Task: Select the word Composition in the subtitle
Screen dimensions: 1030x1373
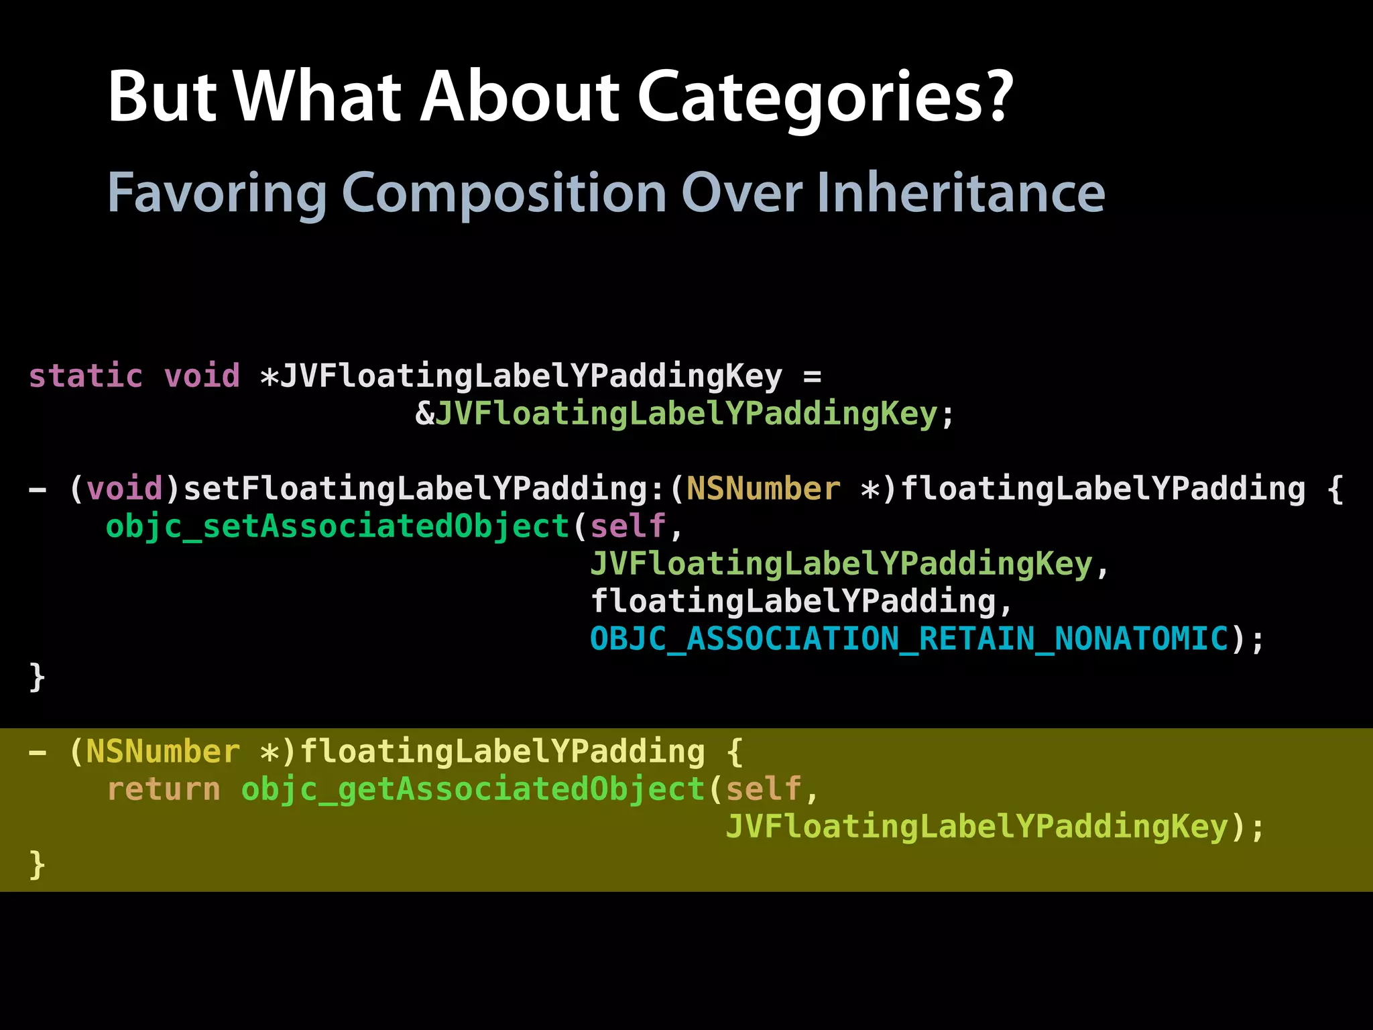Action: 503,192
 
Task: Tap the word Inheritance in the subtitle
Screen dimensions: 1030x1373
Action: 960,192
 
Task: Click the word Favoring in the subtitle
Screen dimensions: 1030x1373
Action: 217,192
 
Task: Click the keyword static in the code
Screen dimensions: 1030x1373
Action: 86,376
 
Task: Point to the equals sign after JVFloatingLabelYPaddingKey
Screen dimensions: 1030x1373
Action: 812,377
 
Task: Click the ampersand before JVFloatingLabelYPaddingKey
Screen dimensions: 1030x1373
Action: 424,414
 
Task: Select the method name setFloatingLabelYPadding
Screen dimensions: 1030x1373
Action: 415,488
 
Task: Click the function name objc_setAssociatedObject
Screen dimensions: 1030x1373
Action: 337,526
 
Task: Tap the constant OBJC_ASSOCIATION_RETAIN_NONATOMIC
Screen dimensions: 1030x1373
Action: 909,638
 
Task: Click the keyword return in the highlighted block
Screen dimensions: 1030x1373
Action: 164,789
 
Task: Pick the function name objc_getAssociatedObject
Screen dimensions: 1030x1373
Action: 473,789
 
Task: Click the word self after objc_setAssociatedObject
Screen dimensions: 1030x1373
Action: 628,526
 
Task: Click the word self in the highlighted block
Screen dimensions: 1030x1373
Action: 764,789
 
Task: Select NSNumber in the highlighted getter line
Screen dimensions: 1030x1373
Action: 163,752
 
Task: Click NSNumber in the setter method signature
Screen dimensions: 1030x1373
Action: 763,488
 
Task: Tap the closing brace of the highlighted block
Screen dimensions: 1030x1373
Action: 38,865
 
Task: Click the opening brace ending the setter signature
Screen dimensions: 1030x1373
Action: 1335,490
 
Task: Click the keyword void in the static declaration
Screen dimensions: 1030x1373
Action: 202,376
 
